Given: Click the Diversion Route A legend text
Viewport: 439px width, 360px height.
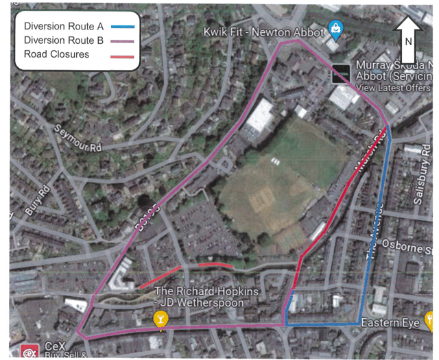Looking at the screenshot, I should (x=63, y=26).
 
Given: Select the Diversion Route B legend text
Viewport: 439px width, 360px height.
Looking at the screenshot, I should (x=63, y=40).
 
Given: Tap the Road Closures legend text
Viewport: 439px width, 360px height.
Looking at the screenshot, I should (x=56, y=54).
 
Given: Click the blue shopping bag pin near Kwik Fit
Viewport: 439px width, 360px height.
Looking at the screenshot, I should (x=335, y=27).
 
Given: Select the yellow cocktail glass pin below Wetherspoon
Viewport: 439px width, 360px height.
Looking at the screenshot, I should (x=160, y=320).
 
